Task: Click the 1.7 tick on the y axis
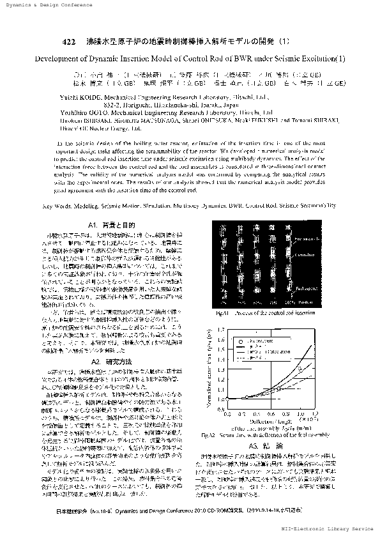coord(223,330)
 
